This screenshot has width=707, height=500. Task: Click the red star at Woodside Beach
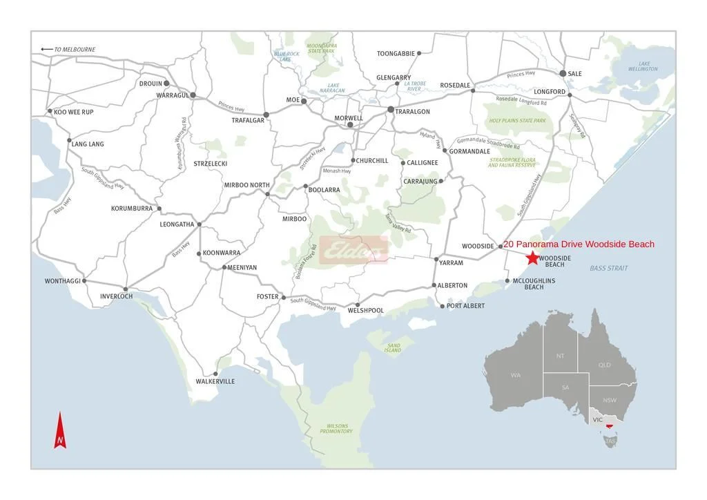(532, 258)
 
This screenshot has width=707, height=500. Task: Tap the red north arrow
(60, 430)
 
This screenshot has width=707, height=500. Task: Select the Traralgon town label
(412, 112)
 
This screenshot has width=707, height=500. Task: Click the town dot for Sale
(563, 73)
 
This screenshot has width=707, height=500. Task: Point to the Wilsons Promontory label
(336, 428)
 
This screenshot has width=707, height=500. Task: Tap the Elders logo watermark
(353, 250)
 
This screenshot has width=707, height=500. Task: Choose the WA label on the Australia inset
(516, 375)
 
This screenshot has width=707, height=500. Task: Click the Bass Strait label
(609, 268)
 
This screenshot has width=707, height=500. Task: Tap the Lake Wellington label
(643, 66)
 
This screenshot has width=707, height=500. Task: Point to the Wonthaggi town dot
(84, 281)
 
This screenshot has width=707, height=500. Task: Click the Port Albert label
(466, 306)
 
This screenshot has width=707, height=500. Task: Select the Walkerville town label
(215, 381)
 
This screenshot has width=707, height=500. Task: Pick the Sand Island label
(393, 347)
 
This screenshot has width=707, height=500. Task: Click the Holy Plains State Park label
(517, 121)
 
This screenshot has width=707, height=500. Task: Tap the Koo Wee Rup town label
(74, 112)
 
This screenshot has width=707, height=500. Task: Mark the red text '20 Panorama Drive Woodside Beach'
(579, 244)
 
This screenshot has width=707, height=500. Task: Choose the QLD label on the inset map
(604, 365)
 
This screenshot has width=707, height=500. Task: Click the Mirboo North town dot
(268, 194)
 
